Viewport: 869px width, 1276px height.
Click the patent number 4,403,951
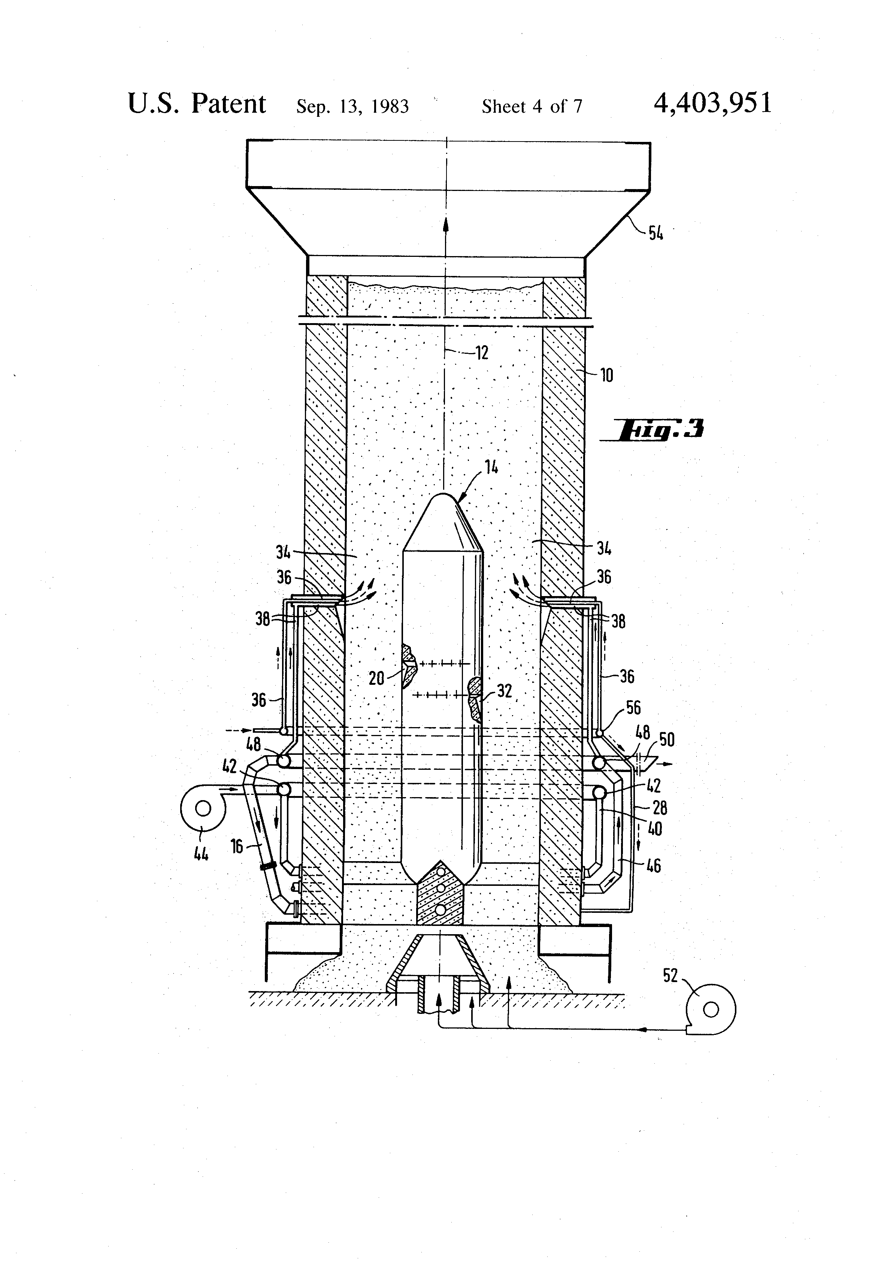click(x=712, y=103)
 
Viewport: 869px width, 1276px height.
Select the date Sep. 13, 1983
click(x=352, y=106)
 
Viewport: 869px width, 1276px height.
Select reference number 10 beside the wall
click(x=606, y=376)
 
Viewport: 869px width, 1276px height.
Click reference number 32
click(x=504, y=691)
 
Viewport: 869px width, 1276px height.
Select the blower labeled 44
click(x=203, y=808)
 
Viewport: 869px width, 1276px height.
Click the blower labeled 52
click(x=711, y=1009)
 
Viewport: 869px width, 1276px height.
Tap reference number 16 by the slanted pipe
click(x=237, y=846)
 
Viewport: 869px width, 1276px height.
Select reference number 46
click(x=653, y=866)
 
